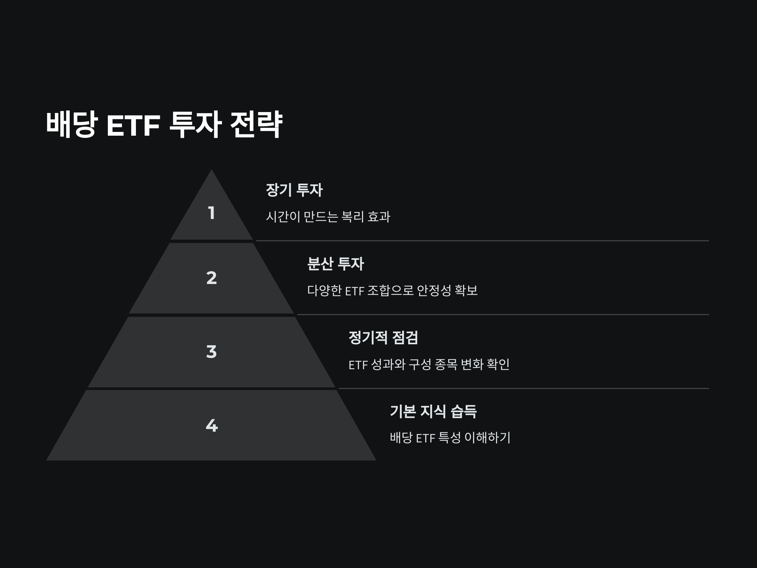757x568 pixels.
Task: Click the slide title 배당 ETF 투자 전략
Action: pos(164,125)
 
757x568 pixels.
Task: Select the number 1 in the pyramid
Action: pos(212,213)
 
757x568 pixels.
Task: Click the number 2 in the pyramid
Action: pos(212,278)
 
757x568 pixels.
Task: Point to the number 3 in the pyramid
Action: pos(212,352)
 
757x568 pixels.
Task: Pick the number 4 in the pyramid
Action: pos(212,426)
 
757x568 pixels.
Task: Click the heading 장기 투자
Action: pos(294,190)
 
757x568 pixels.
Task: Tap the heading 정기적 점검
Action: pos(383,338)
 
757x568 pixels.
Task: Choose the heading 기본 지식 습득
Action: pos(433,411)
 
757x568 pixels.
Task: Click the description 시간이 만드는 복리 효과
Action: pos(328,217)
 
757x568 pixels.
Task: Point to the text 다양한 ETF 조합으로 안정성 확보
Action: pos(392,291)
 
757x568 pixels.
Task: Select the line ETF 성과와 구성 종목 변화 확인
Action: pos(429,364)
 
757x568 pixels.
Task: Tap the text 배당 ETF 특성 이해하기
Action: pos(450,438)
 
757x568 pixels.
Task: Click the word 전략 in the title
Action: pos(256,125)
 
